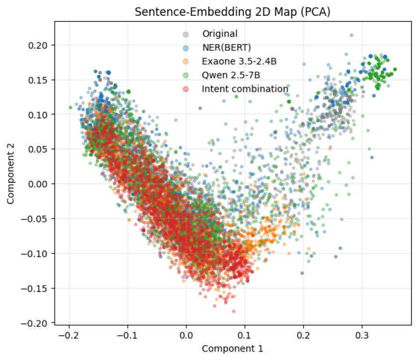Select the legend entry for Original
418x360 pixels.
pyautogui.click(x=220, y=34)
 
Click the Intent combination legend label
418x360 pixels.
pyautogui.click(x=245, y=89)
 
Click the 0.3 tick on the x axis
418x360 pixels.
pyautogui.click(x=362, y=336)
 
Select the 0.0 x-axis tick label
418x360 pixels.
pyautogui.click(x=186, y=336)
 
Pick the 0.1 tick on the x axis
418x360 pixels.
pyautogui.click(x=245, y=336)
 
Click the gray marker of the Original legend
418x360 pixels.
pyautogui.click(x=185, y=34)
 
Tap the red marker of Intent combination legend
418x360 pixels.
pyautogui.click(x=185, y=89)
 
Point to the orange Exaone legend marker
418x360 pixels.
pyautogui.click(x=185, y=62)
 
